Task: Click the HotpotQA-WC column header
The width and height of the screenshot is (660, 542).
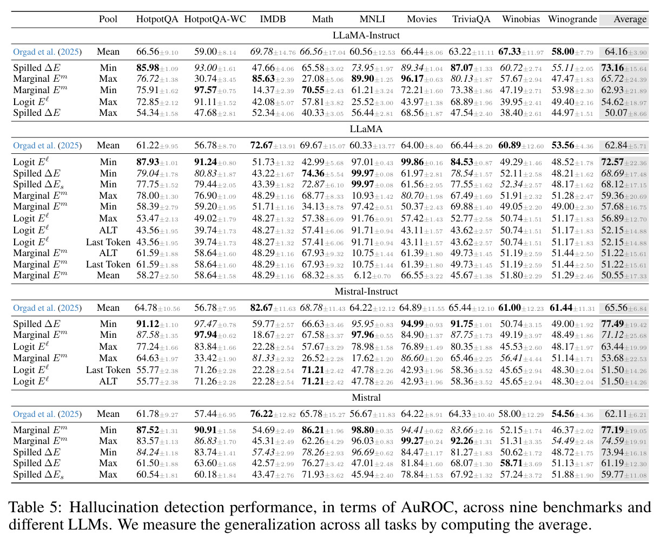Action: [215, 19]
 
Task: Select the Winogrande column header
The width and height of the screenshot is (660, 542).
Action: [572, 19]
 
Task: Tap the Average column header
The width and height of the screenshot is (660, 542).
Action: [630, 19]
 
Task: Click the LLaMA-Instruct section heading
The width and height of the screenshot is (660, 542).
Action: [366, 35]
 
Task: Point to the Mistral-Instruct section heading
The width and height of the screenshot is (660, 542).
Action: [366, 291]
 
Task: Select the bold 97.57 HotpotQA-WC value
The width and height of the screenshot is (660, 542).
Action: [205, 90]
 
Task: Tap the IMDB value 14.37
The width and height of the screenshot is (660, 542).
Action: [263, 90]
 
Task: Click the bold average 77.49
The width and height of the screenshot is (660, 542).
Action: [612, 324]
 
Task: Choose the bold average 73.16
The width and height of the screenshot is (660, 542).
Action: [612, 68]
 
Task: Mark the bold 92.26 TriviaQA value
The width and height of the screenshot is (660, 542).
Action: [462, 441]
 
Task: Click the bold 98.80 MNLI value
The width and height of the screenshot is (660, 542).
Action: [362, 430]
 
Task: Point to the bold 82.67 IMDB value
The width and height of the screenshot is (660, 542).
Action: [261, 308]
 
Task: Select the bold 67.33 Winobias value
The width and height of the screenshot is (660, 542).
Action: [510, 51]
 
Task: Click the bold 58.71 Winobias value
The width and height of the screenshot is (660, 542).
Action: [511, 463]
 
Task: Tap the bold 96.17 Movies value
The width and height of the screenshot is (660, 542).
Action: [412, 79]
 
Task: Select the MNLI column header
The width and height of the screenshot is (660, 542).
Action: [372, 19]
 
